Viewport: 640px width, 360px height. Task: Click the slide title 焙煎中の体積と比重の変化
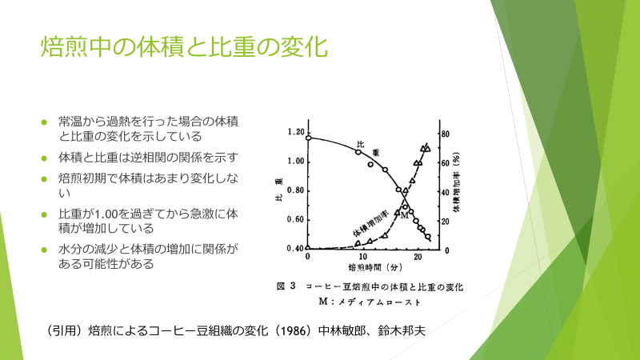(184, 47)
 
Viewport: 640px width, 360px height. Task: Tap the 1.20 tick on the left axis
(296, 132)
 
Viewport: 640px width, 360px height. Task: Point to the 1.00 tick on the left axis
(296, 162)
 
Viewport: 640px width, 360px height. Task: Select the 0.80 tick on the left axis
(296, 190)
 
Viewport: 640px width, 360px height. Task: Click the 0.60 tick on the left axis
(296, 219)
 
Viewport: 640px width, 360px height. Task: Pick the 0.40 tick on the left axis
(296, 249)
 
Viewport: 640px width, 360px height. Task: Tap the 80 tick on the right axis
(446, 134)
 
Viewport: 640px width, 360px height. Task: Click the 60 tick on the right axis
(446, 163)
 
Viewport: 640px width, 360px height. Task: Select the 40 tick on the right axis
(446, 192)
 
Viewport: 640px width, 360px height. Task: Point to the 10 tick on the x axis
(363, 257)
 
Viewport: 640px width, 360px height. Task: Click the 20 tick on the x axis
(418, 257)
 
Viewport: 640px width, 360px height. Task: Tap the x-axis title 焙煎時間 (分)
(375, 268)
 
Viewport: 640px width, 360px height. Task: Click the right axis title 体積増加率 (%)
(456, 182)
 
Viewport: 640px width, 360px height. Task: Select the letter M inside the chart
(404, 215)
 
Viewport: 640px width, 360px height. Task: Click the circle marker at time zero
(309, 138)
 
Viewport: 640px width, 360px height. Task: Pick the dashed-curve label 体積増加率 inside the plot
(370, 224)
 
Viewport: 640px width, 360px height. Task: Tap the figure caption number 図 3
(286, 286)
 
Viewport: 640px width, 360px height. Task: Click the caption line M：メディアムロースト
(370, 302)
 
